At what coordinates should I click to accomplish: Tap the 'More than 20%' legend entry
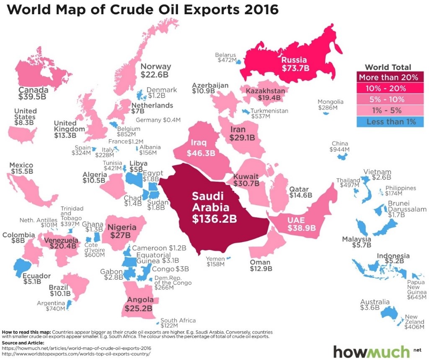[x=388, y=77]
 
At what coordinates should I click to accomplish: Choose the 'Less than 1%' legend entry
[x=388, y=122]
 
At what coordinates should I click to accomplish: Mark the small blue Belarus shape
[x=238, y=62]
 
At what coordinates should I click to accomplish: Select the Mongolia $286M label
[x=330, y=105]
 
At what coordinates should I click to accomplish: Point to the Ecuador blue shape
[x=24, y=266]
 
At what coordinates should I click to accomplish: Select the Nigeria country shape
[x=124, y=230]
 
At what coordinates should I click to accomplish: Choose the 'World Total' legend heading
[x=388, y=67]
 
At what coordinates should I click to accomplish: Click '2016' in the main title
[x=258, y=9]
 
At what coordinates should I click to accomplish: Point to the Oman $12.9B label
[x=261, y=264]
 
